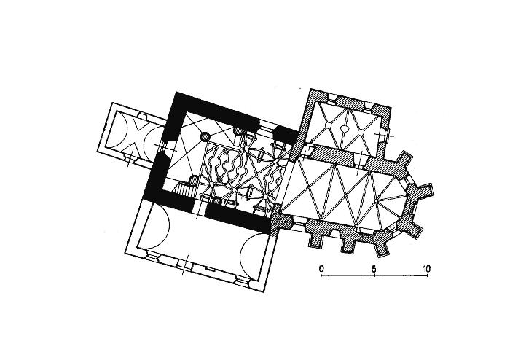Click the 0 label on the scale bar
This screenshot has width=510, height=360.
(321, 269)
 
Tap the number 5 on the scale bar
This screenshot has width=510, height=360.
(374, 269)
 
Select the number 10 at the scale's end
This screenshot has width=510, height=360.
(427, 269)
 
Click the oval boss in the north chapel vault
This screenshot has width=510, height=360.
(344, 129)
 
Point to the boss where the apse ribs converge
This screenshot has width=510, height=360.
(376, 201)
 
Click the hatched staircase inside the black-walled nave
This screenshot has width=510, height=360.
(184, 189)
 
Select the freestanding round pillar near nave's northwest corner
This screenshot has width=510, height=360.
(205, 136)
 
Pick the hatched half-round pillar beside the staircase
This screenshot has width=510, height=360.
(195, 180)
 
